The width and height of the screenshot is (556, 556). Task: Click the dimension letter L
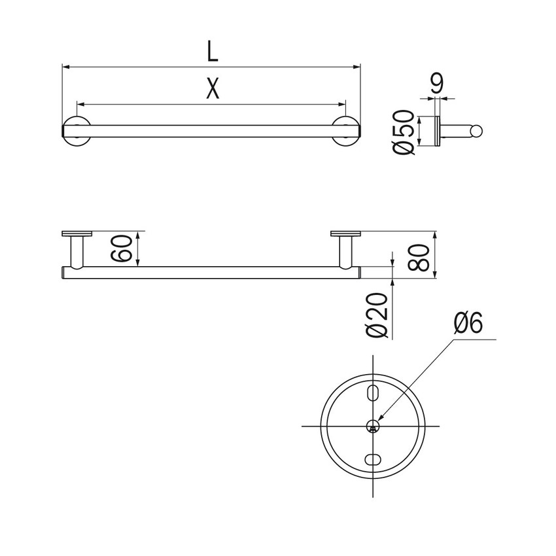pos(212,51)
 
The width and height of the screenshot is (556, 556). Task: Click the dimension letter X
pos(212,89)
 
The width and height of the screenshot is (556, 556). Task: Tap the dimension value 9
pos(438,83)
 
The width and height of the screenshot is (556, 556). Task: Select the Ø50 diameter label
pos(405,133)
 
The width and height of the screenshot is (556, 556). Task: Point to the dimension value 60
pos(127,248)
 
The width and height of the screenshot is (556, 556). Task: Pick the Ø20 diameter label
pos(380,315)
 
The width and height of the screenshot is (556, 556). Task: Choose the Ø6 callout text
pos(468,323)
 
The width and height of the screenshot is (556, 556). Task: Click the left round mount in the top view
pos(77,131)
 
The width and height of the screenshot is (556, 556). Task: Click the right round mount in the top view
pos(346,131)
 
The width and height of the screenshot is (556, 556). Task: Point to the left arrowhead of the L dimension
pos(65,66)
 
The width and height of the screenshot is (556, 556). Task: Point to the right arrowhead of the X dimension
pos(341,103)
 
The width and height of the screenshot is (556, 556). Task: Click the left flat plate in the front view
pos(77,234)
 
